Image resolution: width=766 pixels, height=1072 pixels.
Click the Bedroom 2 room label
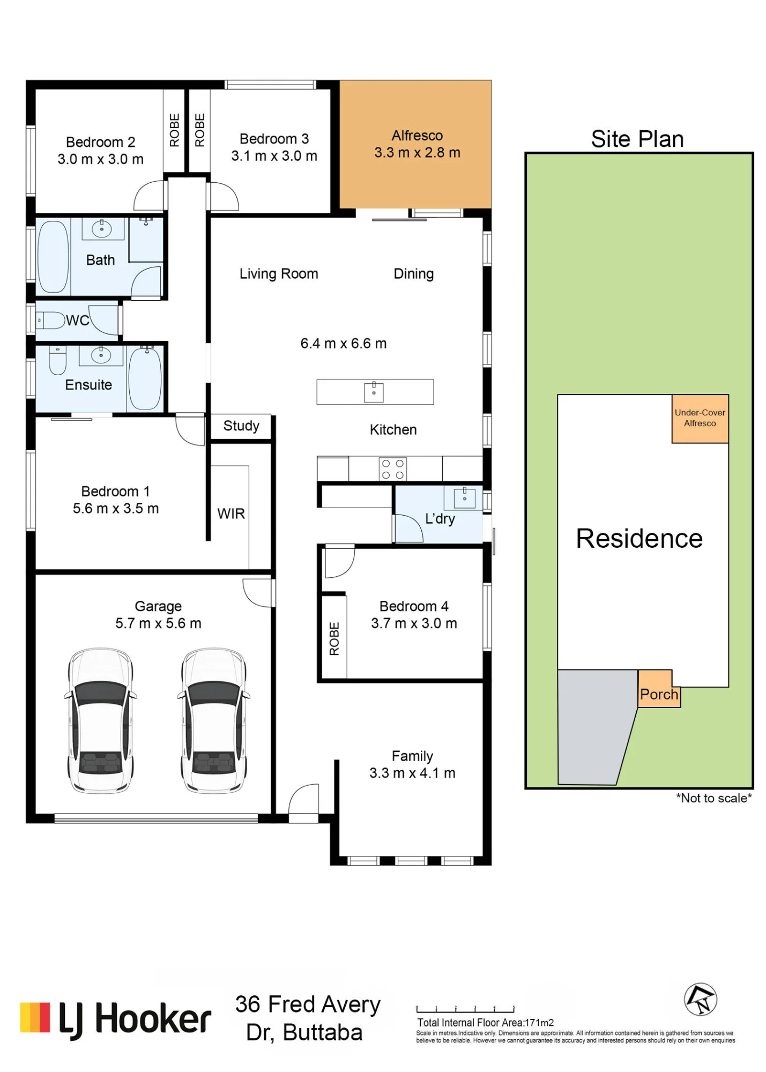(x=100, y=142)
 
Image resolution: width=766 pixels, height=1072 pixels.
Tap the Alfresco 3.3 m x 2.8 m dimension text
(x=417, y=153)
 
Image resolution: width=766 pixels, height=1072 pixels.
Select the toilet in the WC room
(x=50, y=321)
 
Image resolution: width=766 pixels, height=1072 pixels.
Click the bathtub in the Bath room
(x=53, y=257)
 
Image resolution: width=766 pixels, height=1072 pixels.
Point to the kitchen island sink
(x=374, y=392)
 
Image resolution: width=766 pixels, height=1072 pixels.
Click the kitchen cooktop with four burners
(x=392, y=469)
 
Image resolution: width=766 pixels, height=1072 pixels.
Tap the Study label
(x=241, y=426)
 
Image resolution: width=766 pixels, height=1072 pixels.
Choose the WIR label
(x=231, y=513)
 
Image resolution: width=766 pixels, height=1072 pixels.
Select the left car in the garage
(x=101, y=720)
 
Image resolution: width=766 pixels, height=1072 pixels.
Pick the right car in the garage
(x=214, y=720)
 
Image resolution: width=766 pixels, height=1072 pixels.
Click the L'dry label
(x=440, y=519)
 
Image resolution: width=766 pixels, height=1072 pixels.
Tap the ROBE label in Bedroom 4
(x=334, y=638)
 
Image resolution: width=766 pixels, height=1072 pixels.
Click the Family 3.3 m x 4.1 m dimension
(x=412, y=773)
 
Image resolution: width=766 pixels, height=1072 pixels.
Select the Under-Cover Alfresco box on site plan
(x=700, y=419)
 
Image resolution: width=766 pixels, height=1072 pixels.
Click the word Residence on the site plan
(x=639, y=539)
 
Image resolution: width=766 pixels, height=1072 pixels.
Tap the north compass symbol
(x=700, y=999)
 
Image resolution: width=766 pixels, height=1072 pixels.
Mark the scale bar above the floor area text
(x=465, y=1009)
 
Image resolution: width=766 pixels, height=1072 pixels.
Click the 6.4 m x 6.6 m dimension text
(x=343, y=344)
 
